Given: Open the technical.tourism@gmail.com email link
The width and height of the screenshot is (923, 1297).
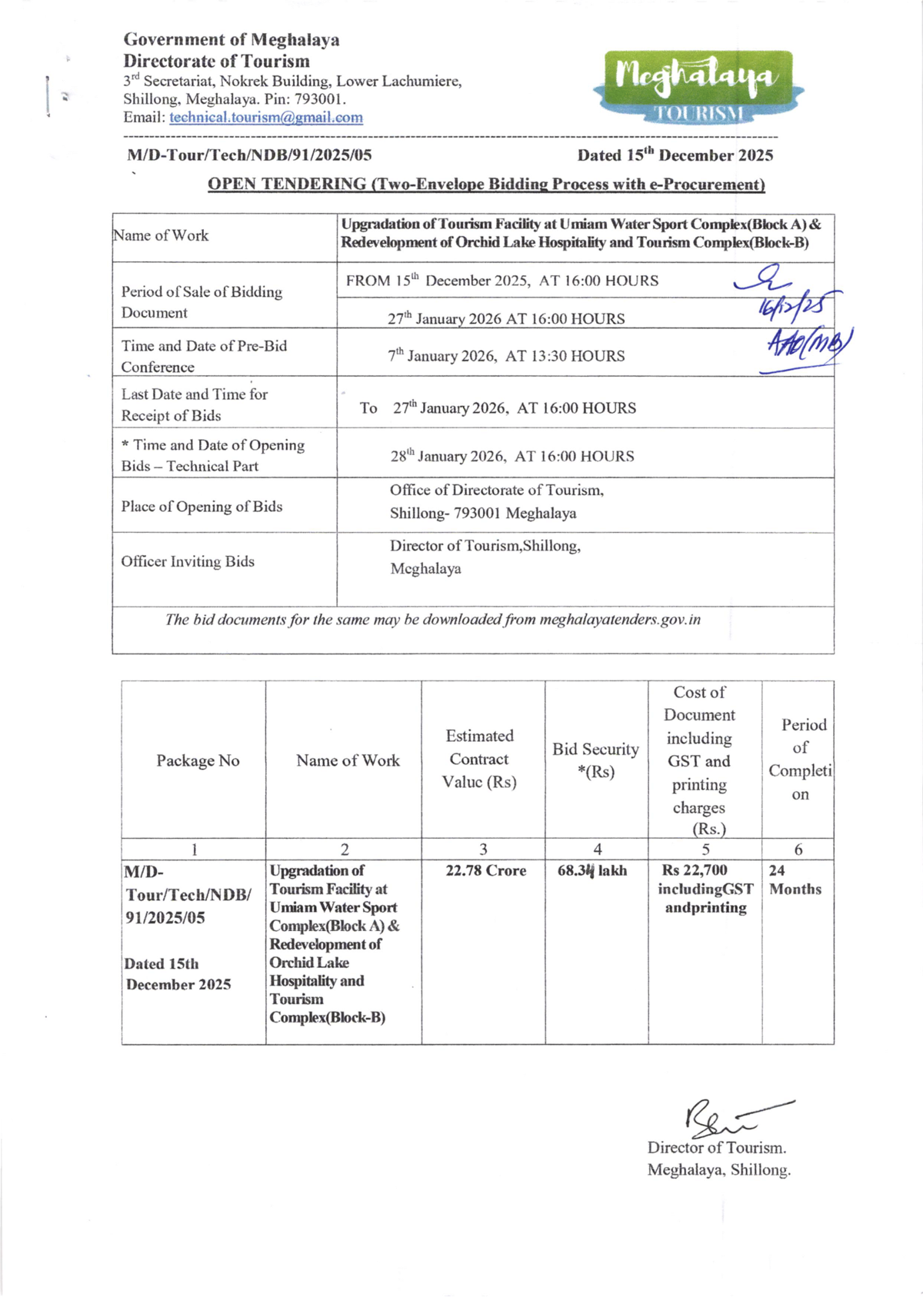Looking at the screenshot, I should [266, 118].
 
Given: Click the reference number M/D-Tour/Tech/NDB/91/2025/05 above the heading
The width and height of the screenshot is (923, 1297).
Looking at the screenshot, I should [249, 155].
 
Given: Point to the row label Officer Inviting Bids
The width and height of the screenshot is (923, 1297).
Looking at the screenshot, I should [187, 562].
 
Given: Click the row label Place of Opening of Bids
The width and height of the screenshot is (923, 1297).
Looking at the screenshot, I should [202, 507].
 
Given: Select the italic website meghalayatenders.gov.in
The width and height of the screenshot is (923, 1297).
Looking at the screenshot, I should [620, 620].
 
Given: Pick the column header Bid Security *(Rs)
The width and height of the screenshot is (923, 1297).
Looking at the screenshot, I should [595, 760].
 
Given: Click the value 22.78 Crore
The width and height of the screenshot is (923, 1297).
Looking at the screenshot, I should [486, 871].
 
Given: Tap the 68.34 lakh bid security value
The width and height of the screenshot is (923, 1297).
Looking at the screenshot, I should [591, 871].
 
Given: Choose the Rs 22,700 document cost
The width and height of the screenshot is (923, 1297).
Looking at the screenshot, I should [695, 871].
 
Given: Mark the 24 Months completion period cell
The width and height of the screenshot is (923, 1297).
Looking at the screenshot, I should [795, 880].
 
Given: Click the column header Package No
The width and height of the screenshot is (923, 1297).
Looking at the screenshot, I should [198, 760].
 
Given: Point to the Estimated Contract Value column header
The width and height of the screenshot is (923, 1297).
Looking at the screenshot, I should [479, 759].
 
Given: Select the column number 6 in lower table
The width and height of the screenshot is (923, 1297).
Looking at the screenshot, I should [798, 850].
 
